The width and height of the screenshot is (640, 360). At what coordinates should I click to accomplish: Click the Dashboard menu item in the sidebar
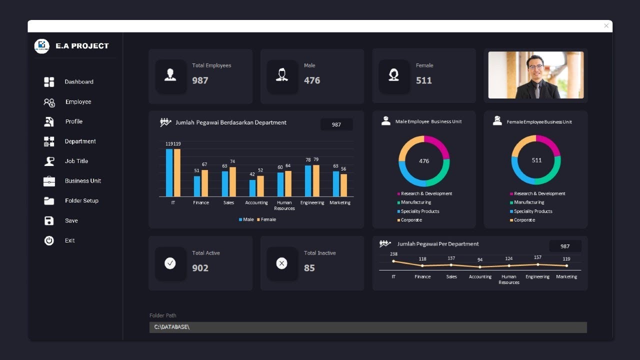click(x=78, y=82)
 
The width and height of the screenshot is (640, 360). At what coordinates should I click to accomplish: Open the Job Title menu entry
click(x=76, y=161)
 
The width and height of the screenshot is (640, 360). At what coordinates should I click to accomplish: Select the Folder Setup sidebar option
click(x=81, y=200)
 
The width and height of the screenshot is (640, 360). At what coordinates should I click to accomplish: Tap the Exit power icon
click(x=49, y=240)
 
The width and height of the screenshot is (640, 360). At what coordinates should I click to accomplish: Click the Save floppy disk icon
click(x=49, y=220)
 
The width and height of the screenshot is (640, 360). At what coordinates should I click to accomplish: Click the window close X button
click(x=606, y=26)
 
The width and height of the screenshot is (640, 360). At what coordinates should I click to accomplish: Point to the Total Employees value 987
click(x=200, y=80)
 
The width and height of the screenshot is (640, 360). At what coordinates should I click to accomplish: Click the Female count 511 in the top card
click(x=423, y=80)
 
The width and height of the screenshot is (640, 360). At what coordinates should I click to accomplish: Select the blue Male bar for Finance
click(x=197, y=186)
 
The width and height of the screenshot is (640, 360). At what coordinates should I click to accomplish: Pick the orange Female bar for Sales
click(x=232, y=181)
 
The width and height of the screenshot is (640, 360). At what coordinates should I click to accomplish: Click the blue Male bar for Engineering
click(x=308, y=180)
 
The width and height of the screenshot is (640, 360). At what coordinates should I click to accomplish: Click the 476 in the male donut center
click(x=424, y=161)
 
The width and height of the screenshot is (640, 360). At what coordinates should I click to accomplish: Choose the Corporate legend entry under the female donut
click(x=524, y=220)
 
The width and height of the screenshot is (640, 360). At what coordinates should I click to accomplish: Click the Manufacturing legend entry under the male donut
click(x=415, y=202)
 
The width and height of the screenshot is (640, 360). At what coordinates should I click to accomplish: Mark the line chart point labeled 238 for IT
click(x=393, y=261)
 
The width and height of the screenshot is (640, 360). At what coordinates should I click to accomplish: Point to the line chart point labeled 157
click(x=537, y=264)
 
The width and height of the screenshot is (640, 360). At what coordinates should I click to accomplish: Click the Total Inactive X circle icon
click(x=282, y=263)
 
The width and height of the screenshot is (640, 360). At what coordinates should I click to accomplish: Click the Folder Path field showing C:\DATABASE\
click(x=367, y=327)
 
